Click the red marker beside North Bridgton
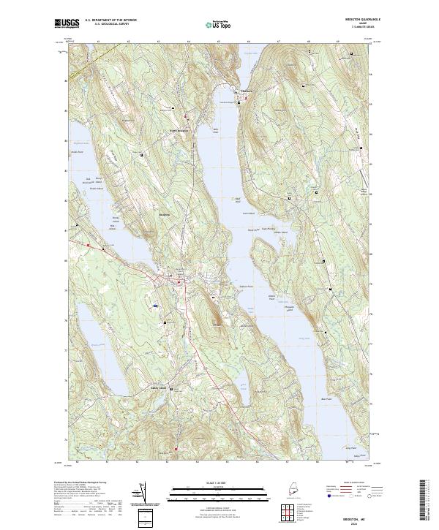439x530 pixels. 187,118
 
